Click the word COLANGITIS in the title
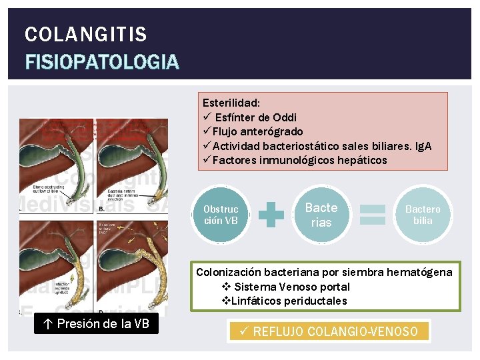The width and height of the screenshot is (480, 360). [x=85, y=34]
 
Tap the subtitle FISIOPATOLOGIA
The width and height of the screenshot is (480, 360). [x=101, y=62]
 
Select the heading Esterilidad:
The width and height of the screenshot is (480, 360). [x=231, y=103]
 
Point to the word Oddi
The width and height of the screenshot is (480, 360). [x=284, y=117]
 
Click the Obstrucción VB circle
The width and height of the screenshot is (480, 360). [x=221, y=215]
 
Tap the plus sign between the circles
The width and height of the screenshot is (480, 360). [x=271, y=215]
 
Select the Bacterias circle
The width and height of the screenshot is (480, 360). [x=321, y=215]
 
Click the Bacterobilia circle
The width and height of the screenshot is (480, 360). [x=423, y=215]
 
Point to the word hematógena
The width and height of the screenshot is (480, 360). [x=419, y=272]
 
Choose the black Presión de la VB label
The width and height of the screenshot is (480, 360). [x=97, y=325]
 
